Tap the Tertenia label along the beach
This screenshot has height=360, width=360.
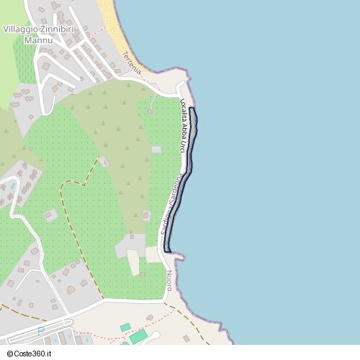click(132, 61)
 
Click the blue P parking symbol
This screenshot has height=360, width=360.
click(41, 330)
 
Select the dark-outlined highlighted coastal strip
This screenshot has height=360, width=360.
click(186, 180)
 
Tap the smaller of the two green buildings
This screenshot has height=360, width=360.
click(125, 327)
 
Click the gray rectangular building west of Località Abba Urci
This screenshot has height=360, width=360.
click(157, 150)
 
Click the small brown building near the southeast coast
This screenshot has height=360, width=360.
click(186, 338)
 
